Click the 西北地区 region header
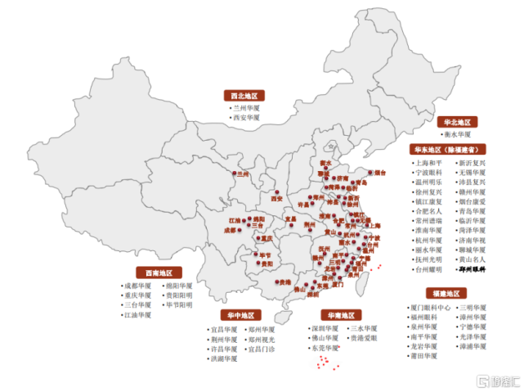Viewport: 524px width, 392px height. pos(246,95)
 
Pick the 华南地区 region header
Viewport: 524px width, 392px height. pos(337,315)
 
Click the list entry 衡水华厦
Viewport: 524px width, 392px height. pos(459,133)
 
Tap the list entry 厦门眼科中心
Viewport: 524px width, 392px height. pos(432,308)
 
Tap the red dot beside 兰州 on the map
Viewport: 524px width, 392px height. pos(237,174)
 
